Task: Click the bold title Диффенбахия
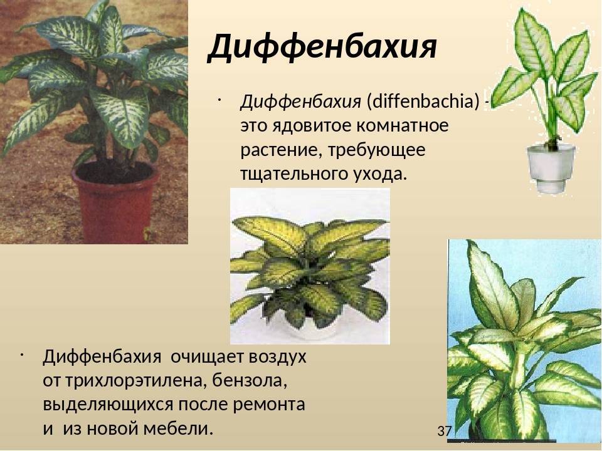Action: [x=322, y=48]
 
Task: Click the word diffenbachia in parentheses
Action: [x=423, y=102]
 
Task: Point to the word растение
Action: [x=282, y=150]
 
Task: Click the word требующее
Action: [x=377, y=150]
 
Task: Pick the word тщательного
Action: [x=293, y=175]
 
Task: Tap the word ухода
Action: [x=379, y=175]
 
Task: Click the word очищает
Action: [x=207, y=357]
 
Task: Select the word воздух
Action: [x=278, y=357]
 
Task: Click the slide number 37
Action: [x=444, y=431]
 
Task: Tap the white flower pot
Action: [x=551, y=168]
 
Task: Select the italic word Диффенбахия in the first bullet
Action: [x=300, y=102]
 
